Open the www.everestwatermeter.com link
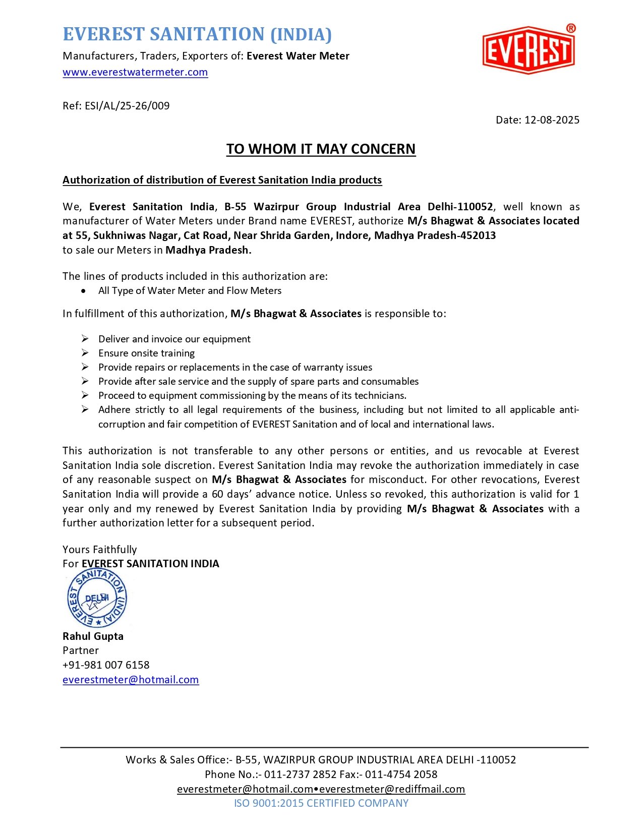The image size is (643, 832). point(135,72)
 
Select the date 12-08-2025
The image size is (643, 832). point(552,120)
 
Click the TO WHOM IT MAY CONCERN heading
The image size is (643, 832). point(321,149)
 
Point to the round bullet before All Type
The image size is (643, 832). point(83,291)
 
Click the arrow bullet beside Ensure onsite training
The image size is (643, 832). point(85,353)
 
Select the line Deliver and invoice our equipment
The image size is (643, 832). point(174,339)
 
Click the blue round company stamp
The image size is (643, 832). point(97,599)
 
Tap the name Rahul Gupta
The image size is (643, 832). point(93,636)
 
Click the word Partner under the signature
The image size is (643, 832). point(81,650)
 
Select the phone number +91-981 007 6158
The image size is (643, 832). point(106,665)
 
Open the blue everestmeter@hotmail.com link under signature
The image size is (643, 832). point(131,680)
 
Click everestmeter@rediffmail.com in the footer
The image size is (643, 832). point(392,789)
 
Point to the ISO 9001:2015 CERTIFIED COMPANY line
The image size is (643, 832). point(321,803)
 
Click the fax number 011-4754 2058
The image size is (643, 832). point(401,775)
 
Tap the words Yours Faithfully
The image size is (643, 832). point(99,550)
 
